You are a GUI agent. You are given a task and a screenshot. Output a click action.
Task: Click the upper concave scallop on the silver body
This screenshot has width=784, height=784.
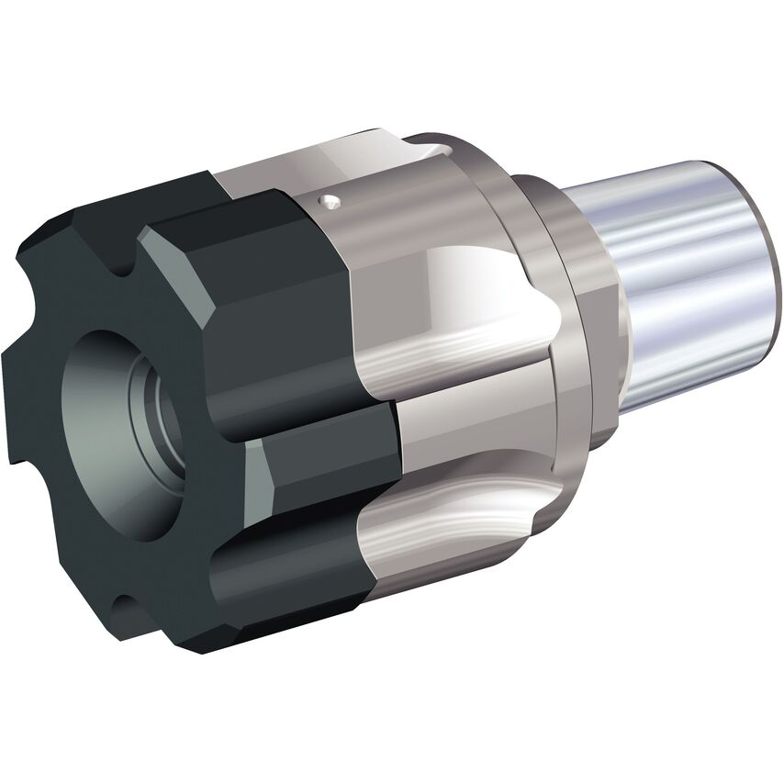(x=459, y=294)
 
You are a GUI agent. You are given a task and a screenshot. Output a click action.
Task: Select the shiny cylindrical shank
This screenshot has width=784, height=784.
(x=679, y=275)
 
